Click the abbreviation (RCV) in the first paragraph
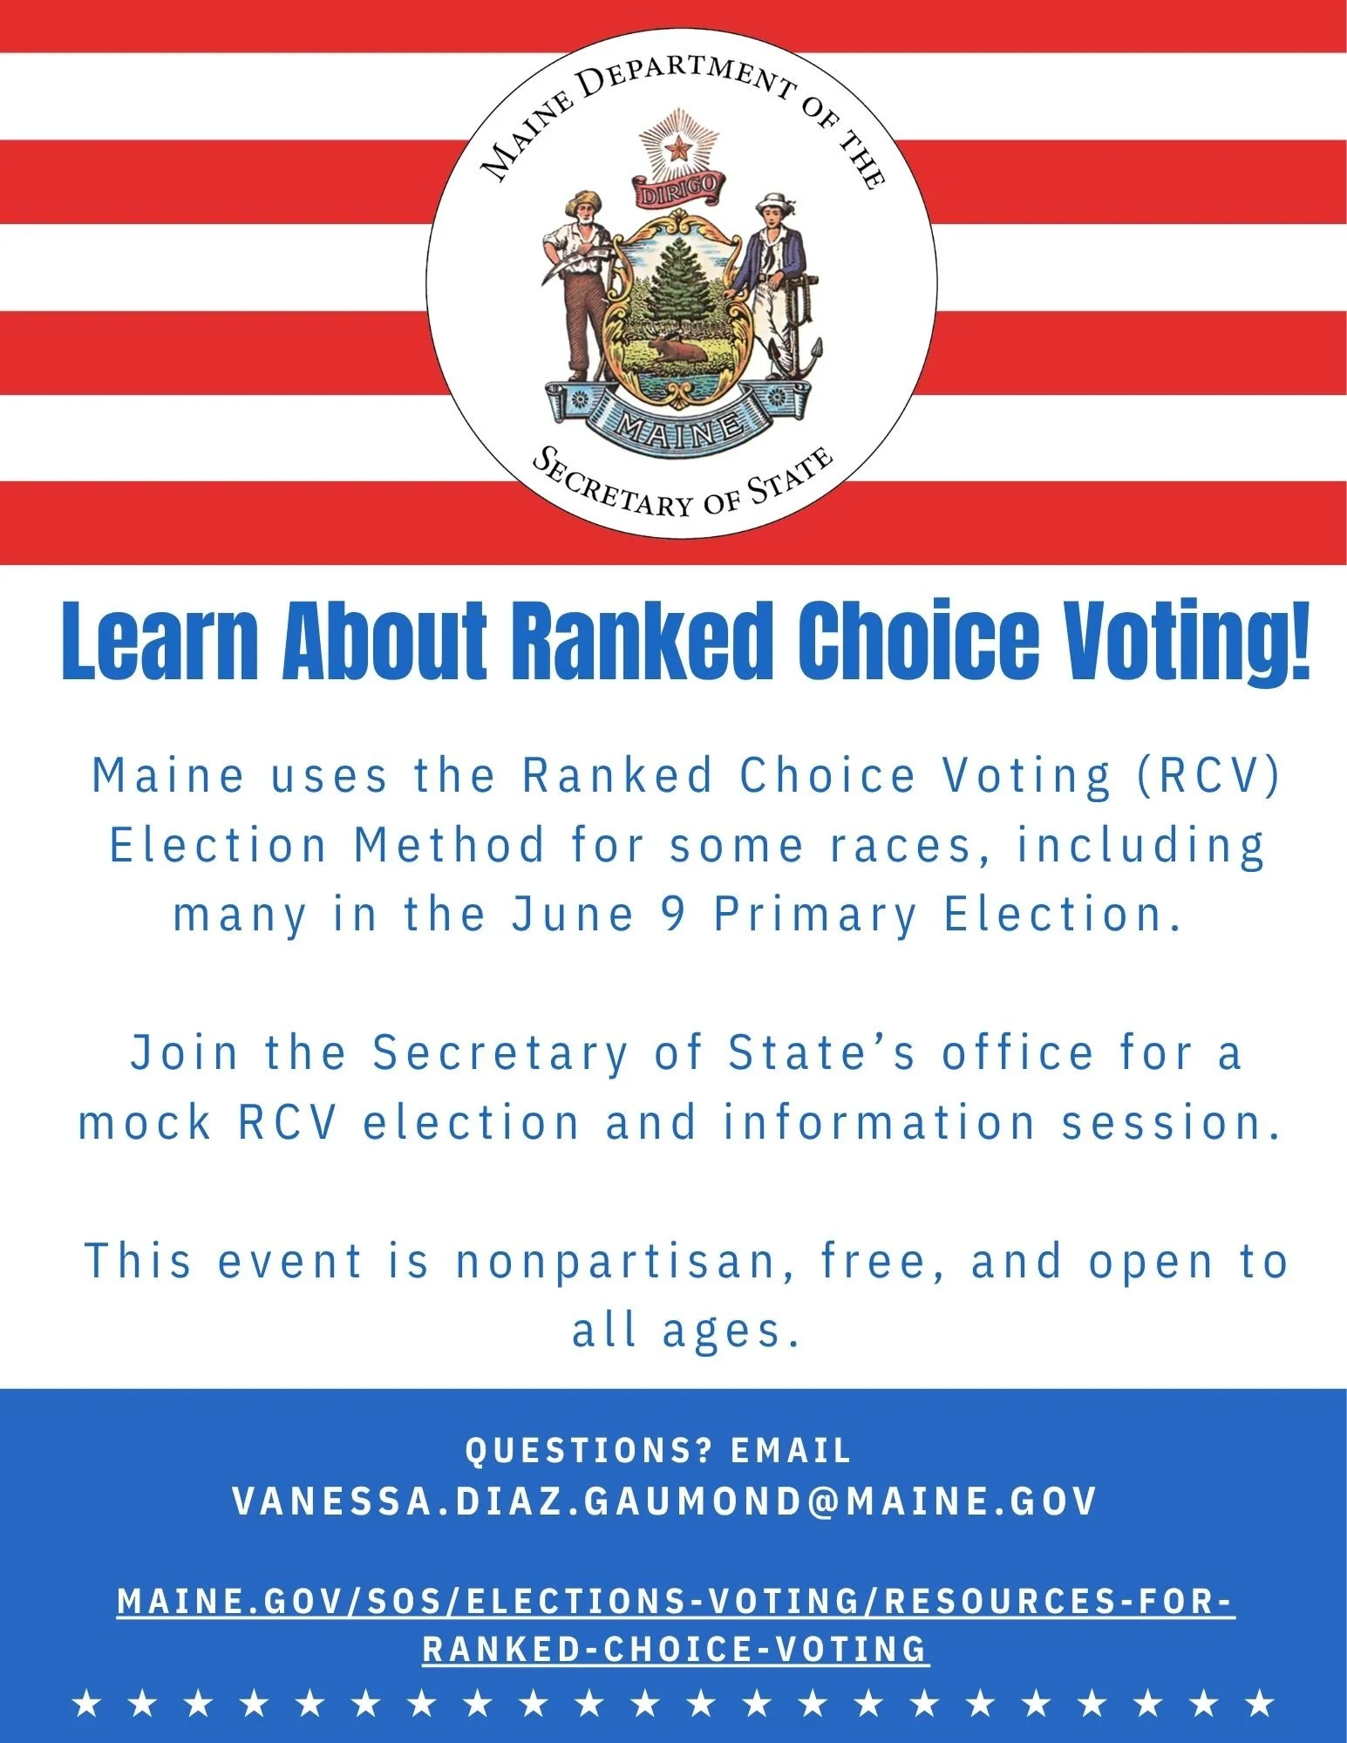(1208, 775)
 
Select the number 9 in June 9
(674, 915)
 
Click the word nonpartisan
(615, 1262)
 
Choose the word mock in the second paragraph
(145, 1122)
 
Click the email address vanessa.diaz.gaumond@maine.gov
(664, 1501)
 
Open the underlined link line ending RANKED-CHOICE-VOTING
(676, 1649)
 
